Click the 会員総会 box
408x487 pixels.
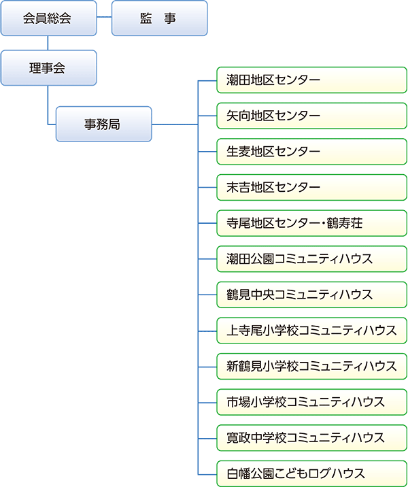point(48,18)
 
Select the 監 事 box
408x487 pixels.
point(159,18)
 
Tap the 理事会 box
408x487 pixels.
point(48,68)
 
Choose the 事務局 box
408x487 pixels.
point(103,124)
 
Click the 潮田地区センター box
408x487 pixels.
point(311,80)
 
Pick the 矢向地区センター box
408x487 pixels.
point(311,116)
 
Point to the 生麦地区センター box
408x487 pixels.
point(311,151)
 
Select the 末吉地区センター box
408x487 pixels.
point(311,187)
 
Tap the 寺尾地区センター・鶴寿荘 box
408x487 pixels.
point(311,222)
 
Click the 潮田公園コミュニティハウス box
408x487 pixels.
point(311,258)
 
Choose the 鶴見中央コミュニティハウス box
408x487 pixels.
point(311,294)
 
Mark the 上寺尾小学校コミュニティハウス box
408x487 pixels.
point(311,330)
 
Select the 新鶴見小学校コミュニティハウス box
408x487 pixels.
point(311,365)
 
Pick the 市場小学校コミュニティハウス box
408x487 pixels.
point(311,401)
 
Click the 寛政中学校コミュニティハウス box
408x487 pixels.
point(311,437)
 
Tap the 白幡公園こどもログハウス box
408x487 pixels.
point(311,473)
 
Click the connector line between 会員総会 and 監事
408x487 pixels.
point(103,18)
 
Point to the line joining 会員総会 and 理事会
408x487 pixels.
point(48,44)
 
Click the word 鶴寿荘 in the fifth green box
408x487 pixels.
point(351,223)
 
